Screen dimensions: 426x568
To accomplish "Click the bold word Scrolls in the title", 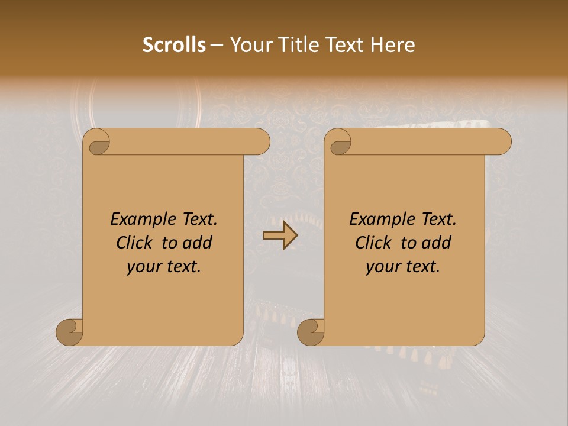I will pos(174,45).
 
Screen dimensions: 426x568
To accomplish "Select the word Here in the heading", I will pos(393,45).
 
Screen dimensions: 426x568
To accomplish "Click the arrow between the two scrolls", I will pos(280,236).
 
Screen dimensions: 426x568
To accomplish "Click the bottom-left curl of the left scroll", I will pos(70,332).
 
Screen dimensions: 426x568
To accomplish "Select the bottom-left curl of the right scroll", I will pos(312,332).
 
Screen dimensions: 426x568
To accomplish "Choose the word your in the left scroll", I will pos(143,267).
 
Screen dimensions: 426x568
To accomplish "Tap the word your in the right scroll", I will pos(382,267).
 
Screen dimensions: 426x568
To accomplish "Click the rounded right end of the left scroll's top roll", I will pos(260,141).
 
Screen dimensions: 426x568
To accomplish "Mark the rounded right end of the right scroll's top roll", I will pos(502,141).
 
